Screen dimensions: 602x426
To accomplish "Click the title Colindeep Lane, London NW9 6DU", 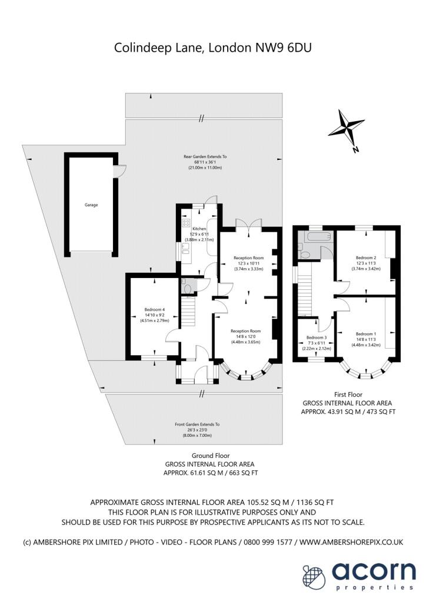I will (212, 48).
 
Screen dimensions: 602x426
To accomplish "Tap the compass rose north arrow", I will (347, 128).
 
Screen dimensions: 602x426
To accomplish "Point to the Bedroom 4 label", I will (155, 309).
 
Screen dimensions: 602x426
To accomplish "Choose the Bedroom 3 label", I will (316, 337).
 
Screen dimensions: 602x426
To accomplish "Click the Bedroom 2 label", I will (365, 257).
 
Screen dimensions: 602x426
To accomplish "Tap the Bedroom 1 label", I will (365, 333).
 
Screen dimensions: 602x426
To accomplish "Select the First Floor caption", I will (347, 394).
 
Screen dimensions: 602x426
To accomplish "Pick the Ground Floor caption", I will (210, 456).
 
